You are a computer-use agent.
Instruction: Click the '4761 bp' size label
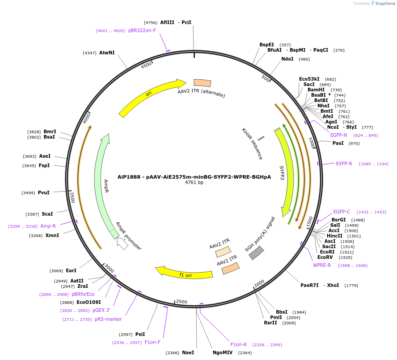[x=194, y=183]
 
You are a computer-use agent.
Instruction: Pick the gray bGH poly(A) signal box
[x=256, y=253]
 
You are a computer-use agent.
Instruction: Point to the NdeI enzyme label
[x=287, y=59]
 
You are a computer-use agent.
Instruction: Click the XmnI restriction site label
[x=52, y=235]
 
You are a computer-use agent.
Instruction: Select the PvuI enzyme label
[x=44, y=192]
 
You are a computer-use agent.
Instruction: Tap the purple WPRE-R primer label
[x=322, y=265]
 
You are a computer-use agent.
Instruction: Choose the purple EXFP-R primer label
[x=344, y=164]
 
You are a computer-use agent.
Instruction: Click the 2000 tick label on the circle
[x=259, y=283]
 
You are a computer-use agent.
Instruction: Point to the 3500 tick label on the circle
[x=72, y=196]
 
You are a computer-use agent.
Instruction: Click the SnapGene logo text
[x=385, y=4]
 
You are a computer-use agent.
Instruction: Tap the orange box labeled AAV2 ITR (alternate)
[x=202, y=83]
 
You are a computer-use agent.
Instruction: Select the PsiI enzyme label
[x=140, y=334]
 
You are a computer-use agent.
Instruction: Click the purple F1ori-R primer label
[x=239, y=344]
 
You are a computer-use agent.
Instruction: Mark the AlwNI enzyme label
[x=107, y=53]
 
